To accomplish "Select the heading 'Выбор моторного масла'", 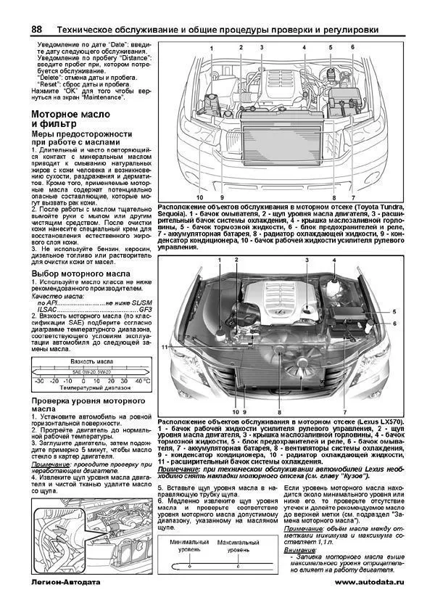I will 81,272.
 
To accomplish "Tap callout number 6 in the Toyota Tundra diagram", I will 352,47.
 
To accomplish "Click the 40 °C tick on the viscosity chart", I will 142,379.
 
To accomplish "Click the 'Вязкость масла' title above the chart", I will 90,361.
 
